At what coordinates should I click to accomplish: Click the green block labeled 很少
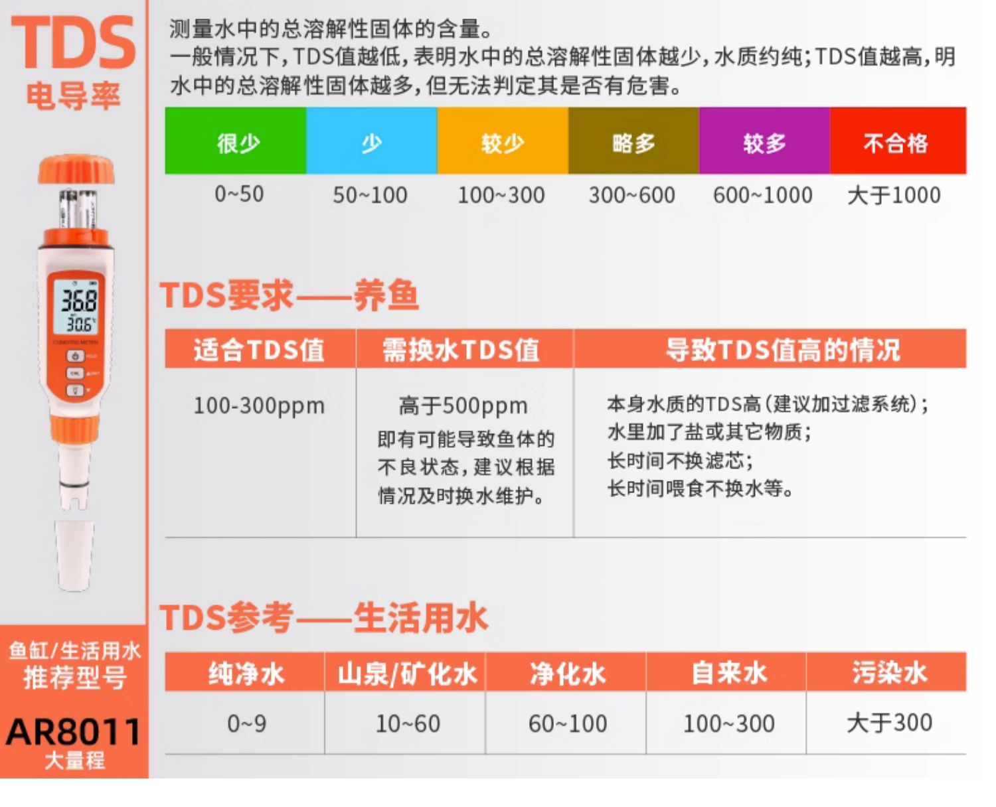(x=235, y=141)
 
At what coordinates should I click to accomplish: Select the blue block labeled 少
(x=372, y=141)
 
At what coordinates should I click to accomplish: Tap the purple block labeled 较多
(x=764, y=141)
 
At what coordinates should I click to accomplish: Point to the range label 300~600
(x=631, y=195)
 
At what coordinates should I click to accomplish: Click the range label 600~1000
(x=763, y=195)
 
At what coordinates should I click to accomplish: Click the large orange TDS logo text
(x=74, y=42)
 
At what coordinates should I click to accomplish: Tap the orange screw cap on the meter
(x=76, y=169)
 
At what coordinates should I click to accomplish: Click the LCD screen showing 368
(x=75, y=305)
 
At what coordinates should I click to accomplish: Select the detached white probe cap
(x=74, y=555)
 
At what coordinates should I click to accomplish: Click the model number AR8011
(x=74, y=731)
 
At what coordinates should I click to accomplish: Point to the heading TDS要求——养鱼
(x=290, y=295)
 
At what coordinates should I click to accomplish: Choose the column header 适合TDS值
(x=259, y=350)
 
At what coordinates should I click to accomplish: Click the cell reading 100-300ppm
(x=259, y=405)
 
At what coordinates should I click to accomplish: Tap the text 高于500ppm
(x=463, y=405)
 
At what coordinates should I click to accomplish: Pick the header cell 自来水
(x=729, y=674)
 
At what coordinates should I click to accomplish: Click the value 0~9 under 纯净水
(x=246, y=724)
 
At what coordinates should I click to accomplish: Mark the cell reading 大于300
(x=889, y=723)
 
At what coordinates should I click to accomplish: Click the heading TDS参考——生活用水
(x=324, y=618)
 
